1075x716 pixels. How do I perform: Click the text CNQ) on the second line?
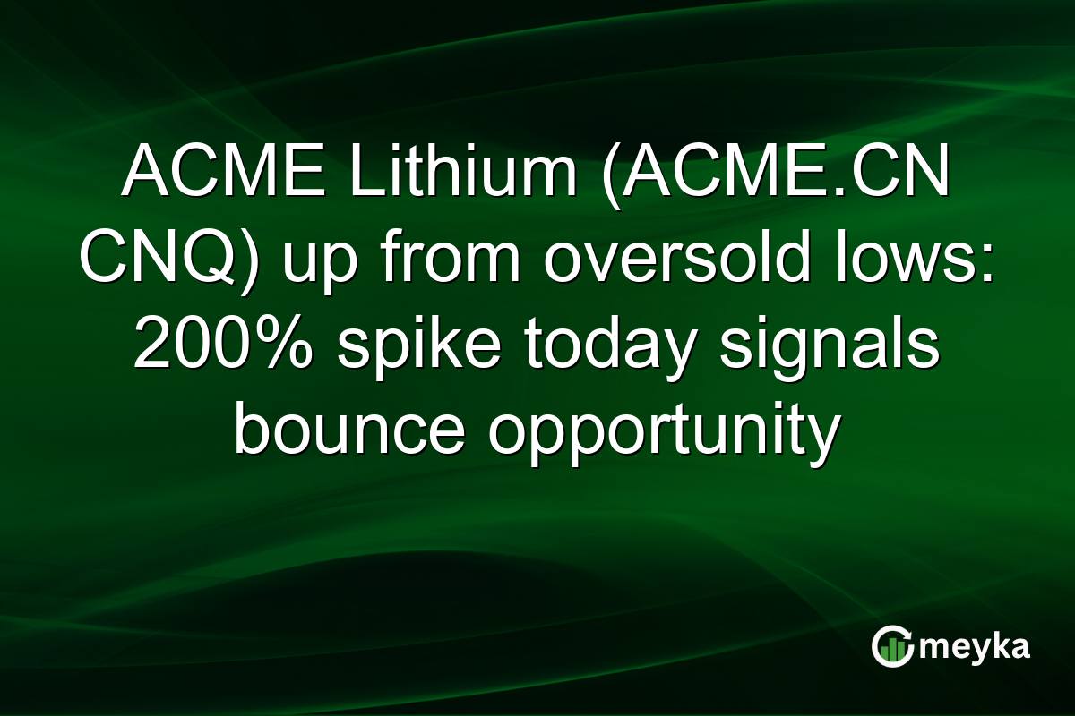[157, 262]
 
